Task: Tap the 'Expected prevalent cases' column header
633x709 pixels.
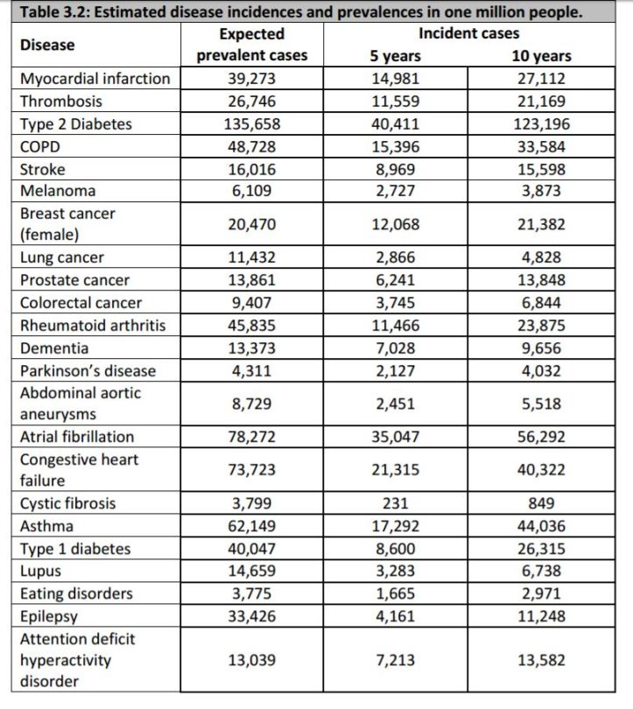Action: (x=251, y=45)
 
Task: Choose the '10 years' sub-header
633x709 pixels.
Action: (x=541, y=56)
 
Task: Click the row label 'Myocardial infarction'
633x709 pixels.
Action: (x=95, y=79)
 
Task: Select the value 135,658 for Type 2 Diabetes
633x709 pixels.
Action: (x=251, y=124)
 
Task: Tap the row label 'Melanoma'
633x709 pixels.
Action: (x=58, y=191)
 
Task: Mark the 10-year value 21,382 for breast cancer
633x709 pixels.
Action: (x=541, y=225)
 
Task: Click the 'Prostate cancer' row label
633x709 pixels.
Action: (x=74, y=281)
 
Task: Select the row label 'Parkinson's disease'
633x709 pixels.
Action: (x=88, y=370)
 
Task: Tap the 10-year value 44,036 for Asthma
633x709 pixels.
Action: (x=541, y=527)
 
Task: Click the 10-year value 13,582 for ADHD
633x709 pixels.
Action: (x=541, y=661)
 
